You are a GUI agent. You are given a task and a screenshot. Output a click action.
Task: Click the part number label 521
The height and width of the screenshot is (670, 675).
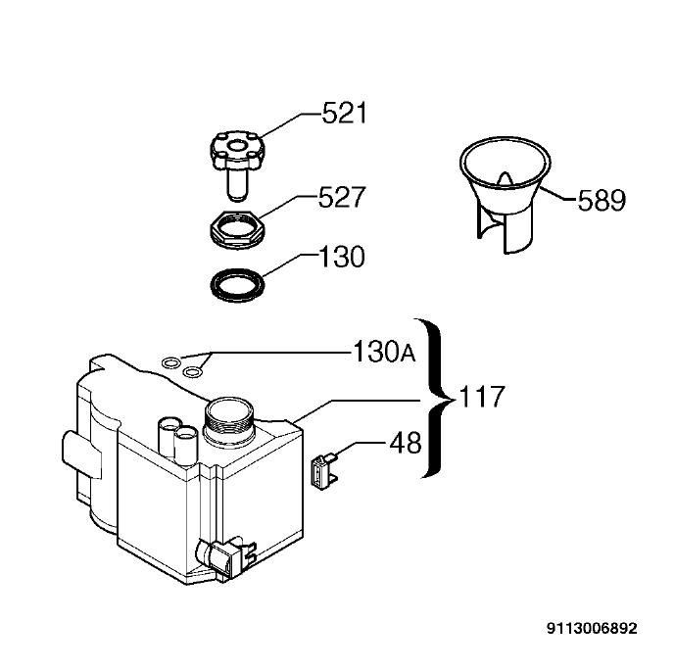pos(345,114)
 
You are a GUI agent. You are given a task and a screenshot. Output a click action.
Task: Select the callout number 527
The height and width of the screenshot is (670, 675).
pos(342,198)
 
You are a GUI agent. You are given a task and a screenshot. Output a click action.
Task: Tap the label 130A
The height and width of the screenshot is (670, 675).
pos(384,352)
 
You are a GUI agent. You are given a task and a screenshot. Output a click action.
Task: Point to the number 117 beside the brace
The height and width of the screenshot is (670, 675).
pos(482,397)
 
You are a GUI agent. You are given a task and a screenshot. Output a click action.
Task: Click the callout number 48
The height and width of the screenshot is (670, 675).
pos(406,443)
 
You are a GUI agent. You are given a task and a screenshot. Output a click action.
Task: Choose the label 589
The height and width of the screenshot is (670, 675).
pos(602,200)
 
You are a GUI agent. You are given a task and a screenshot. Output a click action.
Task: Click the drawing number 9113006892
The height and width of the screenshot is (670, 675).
pos(592,629)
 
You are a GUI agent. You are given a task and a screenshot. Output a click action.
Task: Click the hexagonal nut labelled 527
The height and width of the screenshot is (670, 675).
pos(237,229)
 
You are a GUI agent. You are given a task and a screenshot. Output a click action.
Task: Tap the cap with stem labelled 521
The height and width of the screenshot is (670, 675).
pos(237,165)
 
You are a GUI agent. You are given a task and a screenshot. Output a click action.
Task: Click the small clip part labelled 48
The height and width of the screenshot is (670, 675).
pos(324,472)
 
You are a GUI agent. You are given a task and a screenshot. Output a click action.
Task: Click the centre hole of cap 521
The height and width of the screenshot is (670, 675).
pos(237,146)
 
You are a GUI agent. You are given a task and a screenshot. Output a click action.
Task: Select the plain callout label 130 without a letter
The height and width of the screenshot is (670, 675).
pos(341,257)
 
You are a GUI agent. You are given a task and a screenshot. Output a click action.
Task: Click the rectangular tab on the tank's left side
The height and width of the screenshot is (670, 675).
pos(81,454)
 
